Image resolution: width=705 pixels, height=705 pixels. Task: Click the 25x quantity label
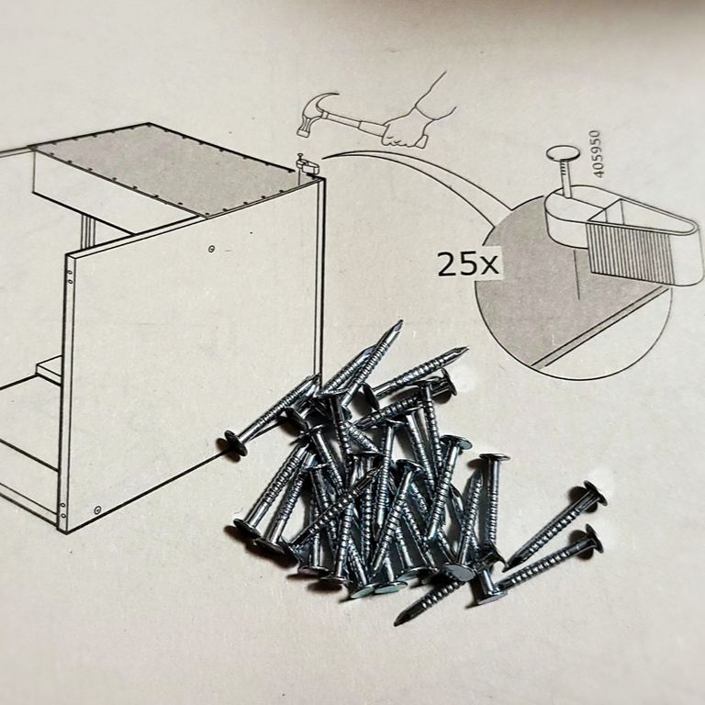tap(468, 264)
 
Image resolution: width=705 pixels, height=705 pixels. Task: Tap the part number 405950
tap(596, 154)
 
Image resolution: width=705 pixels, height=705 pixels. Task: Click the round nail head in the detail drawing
tap(563, 154)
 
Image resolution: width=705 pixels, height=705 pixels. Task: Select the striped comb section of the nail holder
tap(630, 251)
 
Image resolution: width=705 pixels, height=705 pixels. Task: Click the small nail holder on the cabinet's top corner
tap(308, 165)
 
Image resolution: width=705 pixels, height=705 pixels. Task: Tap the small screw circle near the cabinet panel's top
tap(211, 249)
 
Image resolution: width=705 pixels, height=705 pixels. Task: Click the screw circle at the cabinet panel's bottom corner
tap(97, 509)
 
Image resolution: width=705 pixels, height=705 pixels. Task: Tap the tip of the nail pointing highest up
tap(399, 322)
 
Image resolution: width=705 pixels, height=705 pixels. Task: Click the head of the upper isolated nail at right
tap(595, 493)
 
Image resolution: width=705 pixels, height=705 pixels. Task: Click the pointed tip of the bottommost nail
tap(397, 622)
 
